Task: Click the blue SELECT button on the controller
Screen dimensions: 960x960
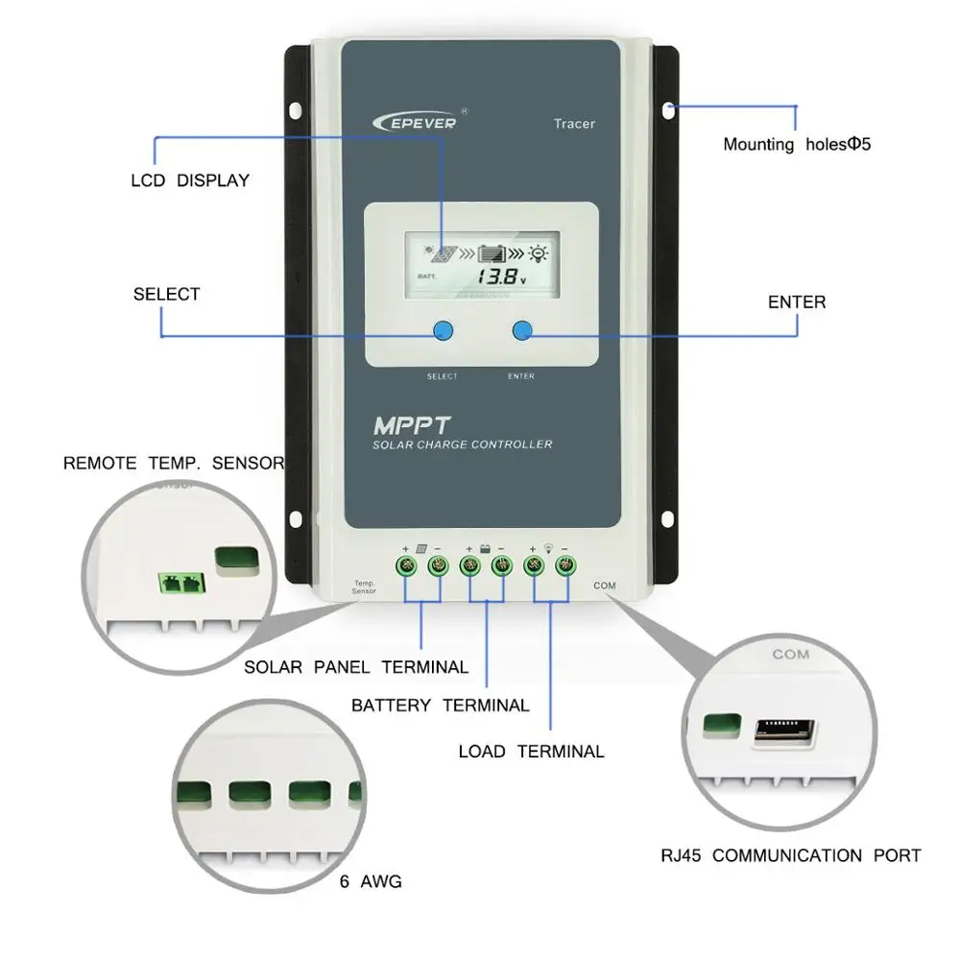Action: click(443, 330)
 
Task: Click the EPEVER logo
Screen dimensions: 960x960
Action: click(416, 121)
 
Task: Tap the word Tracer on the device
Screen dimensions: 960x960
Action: click(574, 123)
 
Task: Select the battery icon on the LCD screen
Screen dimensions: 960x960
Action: click(492, 254)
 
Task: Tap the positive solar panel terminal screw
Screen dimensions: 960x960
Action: click(406, 565)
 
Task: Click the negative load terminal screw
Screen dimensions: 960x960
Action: click(566, 565)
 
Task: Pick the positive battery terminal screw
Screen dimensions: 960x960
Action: click(469, 565)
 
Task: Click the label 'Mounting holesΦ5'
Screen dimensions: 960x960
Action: click(796, 145)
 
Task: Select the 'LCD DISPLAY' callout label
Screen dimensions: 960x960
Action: click(189, 180)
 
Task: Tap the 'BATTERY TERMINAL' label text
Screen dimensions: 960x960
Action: click(440, 706)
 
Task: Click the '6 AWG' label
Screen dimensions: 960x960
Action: click(371, 881)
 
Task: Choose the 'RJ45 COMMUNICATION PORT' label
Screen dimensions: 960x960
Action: click(790, 855)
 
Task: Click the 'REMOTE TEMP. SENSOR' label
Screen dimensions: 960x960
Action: click(174, 463)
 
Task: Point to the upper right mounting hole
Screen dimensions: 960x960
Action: click(668, 108)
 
